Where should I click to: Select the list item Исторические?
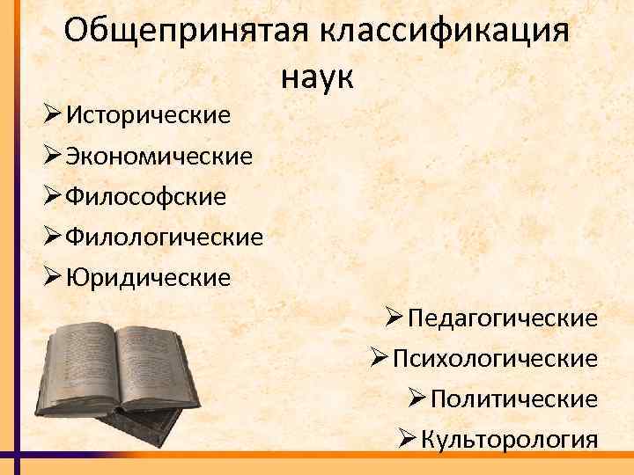click(x=149, y=114)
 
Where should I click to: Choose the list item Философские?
click(x=146, y=196)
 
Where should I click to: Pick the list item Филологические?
click(x=165, y=237)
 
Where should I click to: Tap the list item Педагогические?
click(x=502, y=318)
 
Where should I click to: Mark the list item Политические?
click(x=514, y=399)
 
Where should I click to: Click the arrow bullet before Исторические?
click(x=52, y=114)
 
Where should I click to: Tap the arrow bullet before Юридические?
click(x=52, y=278)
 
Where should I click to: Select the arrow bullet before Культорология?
click(x=407, y=440)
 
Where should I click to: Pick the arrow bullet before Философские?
click(x=52, y=196)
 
